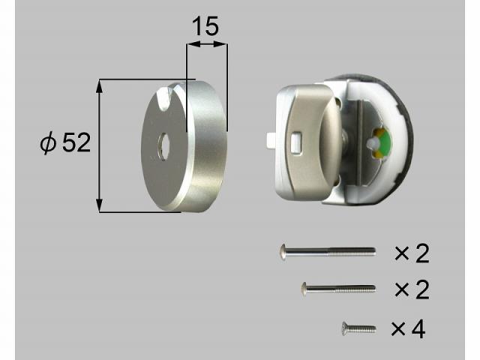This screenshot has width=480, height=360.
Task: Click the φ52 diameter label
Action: (65, 142)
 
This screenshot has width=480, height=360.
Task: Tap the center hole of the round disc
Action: (163, 147)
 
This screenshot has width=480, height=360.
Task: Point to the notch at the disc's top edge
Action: (164, 97)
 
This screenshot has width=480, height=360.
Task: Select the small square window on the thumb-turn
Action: (295, 141)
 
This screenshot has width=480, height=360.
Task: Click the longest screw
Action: (327, 252)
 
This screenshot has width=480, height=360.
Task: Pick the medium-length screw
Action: (338, 288)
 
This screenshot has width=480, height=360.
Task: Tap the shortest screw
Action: (358, 329)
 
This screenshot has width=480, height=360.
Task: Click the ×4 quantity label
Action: (408, 329)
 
